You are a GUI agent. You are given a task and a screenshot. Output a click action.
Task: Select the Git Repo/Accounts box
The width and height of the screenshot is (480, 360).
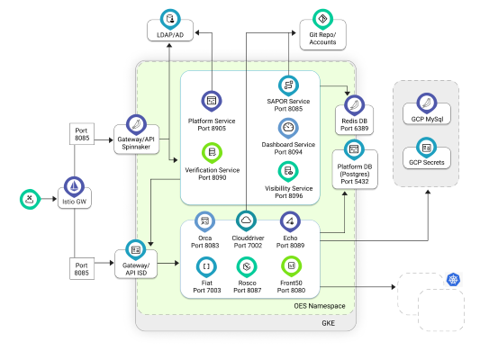tap(322, 38)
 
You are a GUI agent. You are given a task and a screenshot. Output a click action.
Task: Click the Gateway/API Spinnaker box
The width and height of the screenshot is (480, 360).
tap(137, 141)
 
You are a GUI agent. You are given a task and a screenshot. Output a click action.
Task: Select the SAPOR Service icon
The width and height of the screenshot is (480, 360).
tap(289, 85)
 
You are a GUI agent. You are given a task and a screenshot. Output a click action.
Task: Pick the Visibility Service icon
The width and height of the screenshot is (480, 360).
tap(288, 171)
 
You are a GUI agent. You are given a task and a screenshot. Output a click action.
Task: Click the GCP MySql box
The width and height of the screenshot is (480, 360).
tap(426, 116)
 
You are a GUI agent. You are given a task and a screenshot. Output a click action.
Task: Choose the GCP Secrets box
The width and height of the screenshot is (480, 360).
tap(426, 160)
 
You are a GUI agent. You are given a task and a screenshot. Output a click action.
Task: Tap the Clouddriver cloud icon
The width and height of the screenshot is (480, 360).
tap(246, 220)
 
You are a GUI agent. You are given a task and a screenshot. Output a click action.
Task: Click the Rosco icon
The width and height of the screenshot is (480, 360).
tap(246, 265)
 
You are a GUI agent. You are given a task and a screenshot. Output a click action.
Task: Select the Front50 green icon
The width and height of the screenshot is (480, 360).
tap(290, 265)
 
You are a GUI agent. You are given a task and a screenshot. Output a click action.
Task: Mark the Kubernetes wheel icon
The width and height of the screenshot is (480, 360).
tap(452, 281)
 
